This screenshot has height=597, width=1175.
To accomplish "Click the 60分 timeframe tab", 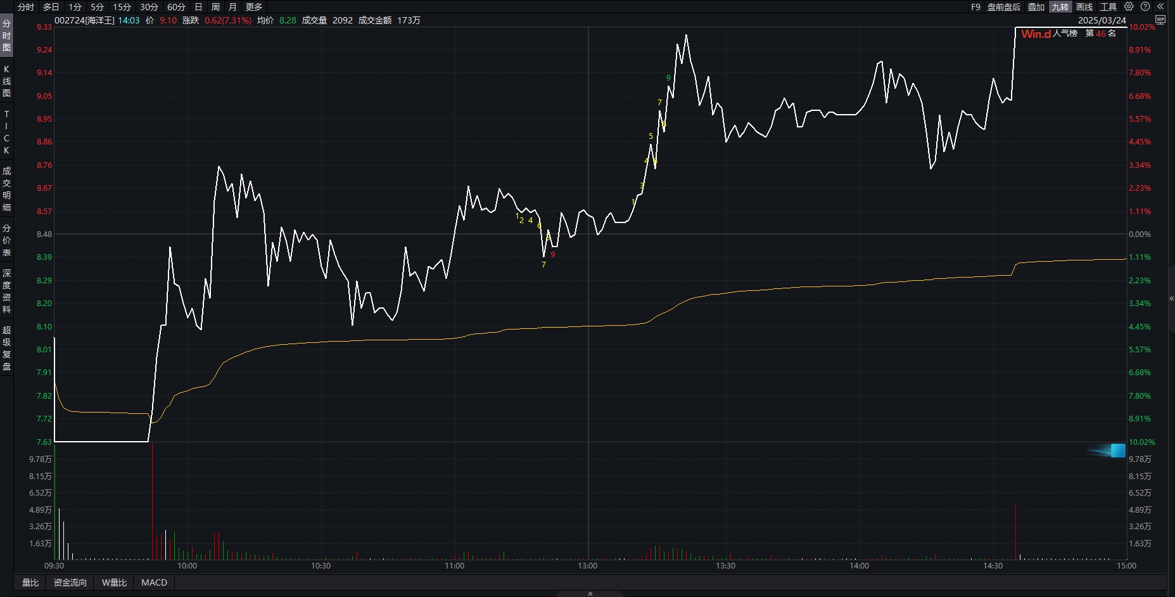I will pyautogui.click(x=176, y=7).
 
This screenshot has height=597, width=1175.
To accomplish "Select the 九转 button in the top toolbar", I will pyautogui.click(x=1060, y=7).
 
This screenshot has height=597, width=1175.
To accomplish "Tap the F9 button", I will pyautogui.click(x=975, y=7).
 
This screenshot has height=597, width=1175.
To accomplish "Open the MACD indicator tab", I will pyautogui.click(x=154, y=582).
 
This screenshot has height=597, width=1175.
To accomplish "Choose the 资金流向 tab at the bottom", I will pyautogui.click(x=70, y=582).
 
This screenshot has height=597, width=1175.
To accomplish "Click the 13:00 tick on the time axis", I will pyautogui.click(x=588, y=565).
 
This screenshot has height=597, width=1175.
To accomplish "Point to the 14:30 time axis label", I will pyautogui.click(x=993, y=565).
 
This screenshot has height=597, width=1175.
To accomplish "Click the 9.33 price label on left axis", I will pyautogui.click(x=44, y=27).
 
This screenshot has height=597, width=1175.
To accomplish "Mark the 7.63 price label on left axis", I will pyautogui.click(x=44, y=442).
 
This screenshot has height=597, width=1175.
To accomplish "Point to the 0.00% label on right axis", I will pyautogui.click(x=1140, y=234).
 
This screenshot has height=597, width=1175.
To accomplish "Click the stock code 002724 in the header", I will pyautogui.click(x=69, y=20).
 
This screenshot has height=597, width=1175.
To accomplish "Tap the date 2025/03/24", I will pyautogui.click(x=1102, y=20).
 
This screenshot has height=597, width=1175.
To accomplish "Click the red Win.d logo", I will pyautogui.click(x=1036, y=34).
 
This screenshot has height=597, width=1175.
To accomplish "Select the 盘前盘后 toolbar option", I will pyautogui.click(x=1004, y=7).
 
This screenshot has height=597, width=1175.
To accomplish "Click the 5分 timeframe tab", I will pyautogui.click(x=97, y=7).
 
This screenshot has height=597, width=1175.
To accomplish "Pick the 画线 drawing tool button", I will pyautogui.click(x=1084, y=7).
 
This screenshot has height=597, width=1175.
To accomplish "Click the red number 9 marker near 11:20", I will pyautogui.click(x=553, y=255).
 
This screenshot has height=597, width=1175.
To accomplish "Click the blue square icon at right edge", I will pyautogui.click(x=1118, y=451).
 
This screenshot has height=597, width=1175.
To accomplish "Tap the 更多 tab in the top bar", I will pyautogui.click(x=254, y=7).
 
